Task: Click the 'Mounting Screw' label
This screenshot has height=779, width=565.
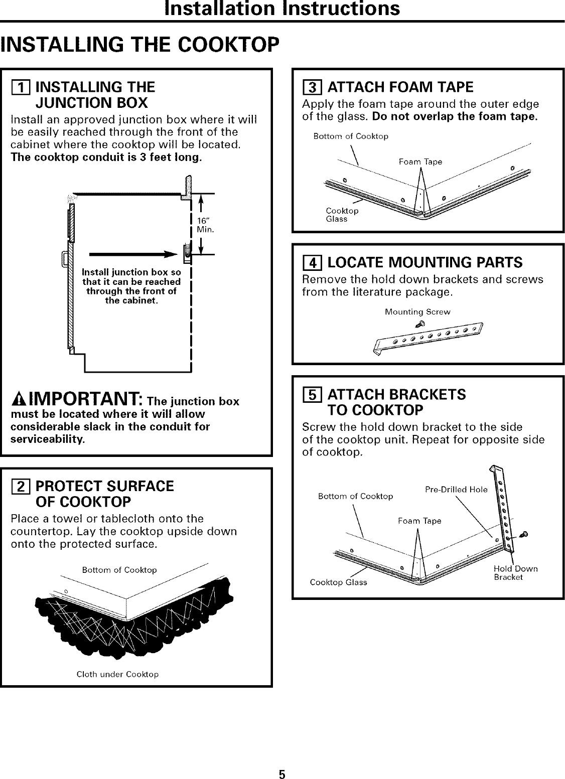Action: coord(417,311)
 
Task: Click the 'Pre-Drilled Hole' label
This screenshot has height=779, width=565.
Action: coord(456,490)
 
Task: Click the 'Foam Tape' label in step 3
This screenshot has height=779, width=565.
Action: coord(420,162)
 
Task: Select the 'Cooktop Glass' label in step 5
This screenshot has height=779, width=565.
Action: coord(338,582)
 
